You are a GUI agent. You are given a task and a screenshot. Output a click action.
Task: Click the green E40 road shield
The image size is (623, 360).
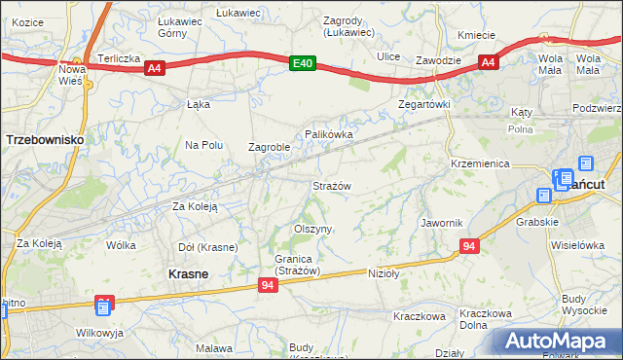click(304, 63)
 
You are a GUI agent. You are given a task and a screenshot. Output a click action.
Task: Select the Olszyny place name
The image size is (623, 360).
click(313, 229)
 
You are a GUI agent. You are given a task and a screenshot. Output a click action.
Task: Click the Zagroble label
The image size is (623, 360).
click(269, 148)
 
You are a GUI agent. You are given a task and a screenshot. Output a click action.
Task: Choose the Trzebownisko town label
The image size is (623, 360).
click(43, 140)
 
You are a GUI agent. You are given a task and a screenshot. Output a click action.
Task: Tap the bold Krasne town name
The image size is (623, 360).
click(187, 274)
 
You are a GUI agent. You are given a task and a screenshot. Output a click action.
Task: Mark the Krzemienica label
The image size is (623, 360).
click(480, 163)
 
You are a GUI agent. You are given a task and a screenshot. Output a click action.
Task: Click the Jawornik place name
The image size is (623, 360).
click(441, 223)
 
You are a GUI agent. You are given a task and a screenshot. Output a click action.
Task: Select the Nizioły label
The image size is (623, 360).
click(385, 273)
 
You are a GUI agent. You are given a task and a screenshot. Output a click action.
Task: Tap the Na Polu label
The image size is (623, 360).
click(204, 145)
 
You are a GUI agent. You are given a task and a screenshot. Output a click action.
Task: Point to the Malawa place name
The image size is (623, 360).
click(214, 347)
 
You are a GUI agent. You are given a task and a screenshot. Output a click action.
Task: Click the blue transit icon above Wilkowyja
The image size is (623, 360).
click(104, 308)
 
